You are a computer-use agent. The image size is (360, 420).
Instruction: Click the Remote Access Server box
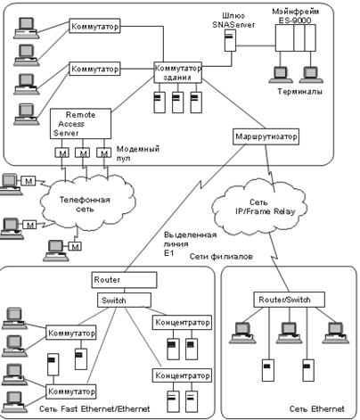[x=80, y=124]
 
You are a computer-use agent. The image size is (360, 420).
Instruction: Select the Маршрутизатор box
[x=266, y=136]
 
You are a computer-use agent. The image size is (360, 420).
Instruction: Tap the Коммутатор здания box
[x=177, y=72]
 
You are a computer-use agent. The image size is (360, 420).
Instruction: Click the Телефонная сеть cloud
[x=86, y=202]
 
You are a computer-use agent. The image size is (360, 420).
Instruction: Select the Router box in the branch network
[x=124, y=280]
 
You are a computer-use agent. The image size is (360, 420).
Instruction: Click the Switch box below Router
[x=124, y=301]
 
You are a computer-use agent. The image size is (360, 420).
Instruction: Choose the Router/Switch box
[x=289, y=300]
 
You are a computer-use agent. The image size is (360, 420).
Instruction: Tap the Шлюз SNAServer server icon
[x=230, y=41]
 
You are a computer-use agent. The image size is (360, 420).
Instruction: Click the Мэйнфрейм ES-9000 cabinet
[x=295, y=38]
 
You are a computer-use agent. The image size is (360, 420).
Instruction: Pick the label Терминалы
[x=299, y=91]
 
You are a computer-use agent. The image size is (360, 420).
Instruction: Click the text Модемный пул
[x=138, y=152]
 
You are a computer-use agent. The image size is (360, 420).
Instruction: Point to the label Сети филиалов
[x=221, y=256]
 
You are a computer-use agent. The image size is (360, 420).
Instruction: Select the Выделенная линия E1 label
[x=190, y=243]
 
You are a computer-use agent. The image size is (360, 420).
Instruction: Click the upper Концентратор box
[x=182, y=323]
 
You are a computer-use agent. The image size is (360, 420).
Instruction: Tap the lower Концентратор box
[x=182, y=375]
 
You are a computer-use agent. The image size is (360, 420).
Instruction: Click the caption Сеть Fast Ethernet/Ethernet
[x=94, y=409]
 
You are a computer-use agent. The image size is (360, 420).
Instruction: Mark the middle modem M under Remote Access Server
[x=83, y=152]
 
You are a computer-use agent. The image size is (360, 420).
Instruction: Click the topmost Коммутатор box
[x=94, y=26]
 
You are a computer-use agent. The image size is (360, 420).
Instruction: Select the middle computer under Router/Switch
[x=289, y=333]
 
